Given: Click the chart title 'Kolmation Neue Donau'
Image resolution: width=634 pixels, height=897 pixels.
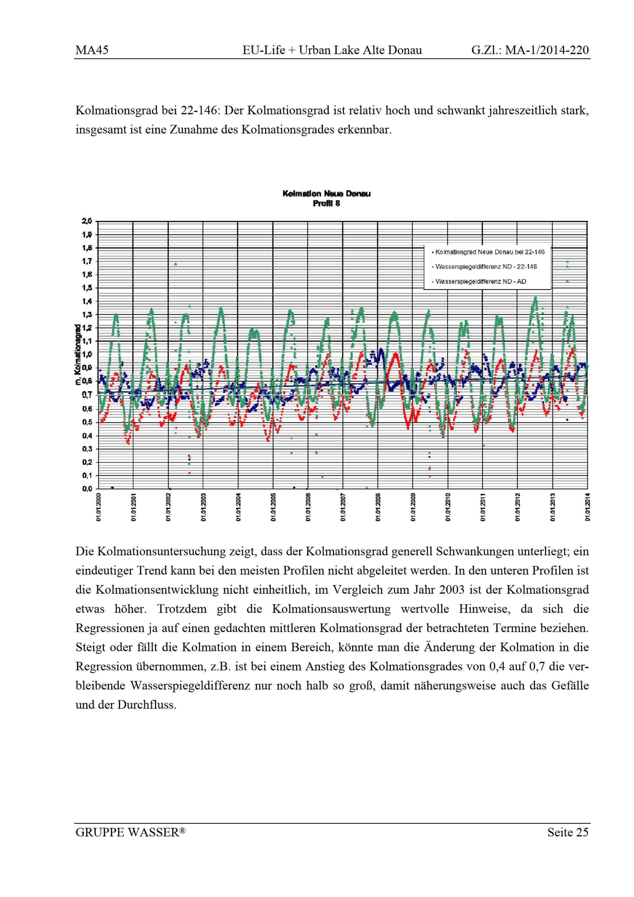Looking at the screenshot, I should pos(326,194).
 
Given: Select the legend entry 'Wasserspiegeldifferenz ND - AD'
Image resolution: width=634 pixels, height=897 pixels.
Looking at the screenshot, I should pos(481,281).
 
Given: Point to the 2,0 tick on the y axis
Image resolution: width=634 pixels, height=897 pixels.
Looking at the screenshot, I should pos(87,221).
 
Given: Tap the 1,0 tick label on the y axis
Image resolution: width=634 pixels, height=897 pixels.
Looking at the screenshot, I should pos(87,355).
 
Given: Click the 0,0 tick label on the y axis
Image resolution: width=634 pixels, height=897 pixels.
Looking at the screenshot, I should pos(87,489).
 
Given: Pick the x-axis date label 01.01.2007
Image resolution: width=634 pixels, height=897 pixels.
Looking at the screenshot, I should pos(343,507).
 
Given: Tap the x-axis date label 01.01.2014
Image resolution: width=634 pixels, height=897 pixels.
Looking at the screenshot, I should pos(587,507).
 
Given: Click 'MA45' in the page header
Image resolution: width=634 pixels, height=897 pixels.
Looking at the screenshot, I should pos(92,50).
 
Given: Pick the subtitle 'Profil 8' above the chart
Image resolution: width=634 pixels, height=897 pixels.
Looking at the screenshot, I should pos(326,203).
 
